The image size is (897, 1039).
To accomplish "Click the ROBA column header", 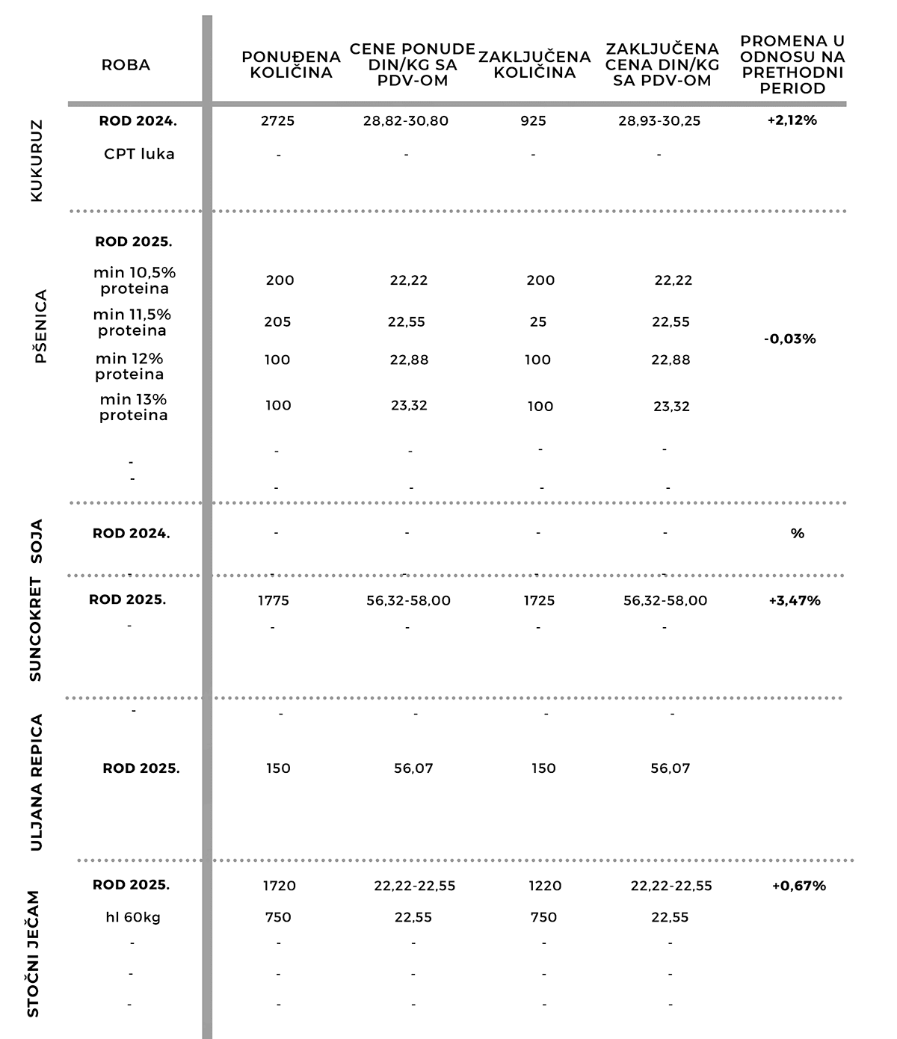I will click(126, 65).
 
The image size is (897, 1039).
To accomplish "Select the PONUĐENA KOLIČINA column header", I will click(291, 65).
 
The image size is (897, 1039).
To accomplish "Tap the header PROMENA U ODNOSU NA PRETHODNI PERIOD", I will click(792, 65).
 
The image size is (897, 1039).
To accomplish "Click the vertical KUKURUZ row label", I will click(37, 161).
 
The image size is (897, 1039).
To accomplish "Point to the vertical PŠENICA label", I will click(40, 326).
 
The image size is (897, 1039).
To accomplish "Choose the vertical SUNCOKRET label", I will click(36, 629).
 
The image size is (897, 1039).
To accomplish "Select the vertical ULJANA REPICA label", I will click(37, 783).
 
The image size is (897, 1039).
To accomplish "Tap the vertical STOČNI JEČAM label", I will click(34, 954).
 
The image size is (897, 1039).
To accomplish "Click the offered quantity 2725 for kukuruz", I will click(278, 121).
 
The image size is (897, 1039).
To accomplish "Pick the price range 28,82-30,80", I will click(406, 121).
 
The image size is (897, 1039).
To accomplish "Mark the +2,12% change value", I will click(792, 120).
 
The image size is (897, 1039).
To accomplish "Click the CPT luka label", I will click(139, 154).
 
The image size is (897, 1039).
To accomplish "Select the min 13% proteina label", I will click(134, 407).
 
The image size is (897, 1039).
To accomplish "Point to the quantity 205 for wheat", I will click(277, 322).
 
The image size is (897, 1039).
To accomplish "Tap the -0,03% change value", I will click(790, 339).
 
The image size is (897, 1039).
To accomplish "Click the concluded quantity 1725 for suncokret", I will click(539, 601).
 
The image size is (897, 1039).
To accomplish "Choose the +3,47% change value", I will click(795, 601).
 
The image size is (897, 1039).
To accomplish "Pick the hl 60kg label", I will click(133, 917).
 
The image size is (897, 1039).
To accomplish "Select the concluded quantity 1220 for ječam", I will click(544, 886).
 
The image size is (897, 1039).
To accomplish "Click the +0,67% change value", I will click(799, 886).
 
